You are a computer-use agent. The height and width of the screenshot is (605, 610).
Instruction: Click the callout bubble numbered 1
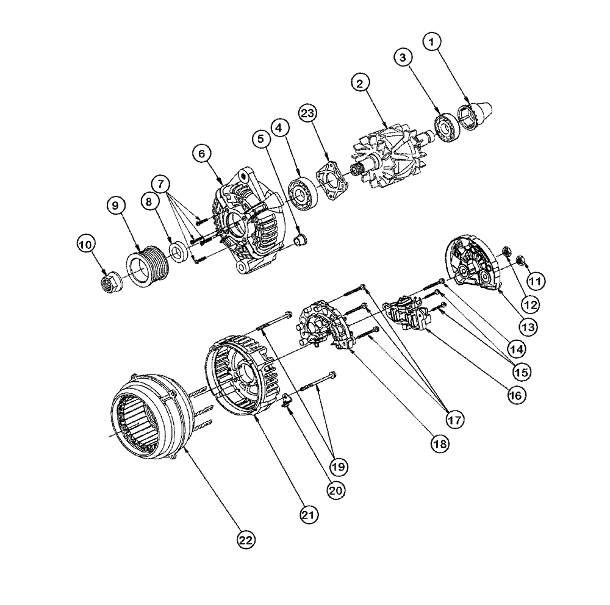(x=432, y=42)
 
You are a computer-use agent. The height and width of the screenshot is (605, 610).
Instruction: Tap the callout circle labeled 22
(x=246, y=539)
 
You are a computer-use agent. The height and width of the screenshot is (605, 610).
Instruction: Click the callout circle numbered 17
(x=454, y=419)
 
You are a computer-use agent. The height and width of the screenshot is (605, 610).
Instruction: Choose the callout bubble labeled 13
(x=528, y=326)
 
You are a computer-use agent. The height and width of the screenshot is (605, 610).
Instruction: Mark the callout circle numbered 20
(x=334, y=489)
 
